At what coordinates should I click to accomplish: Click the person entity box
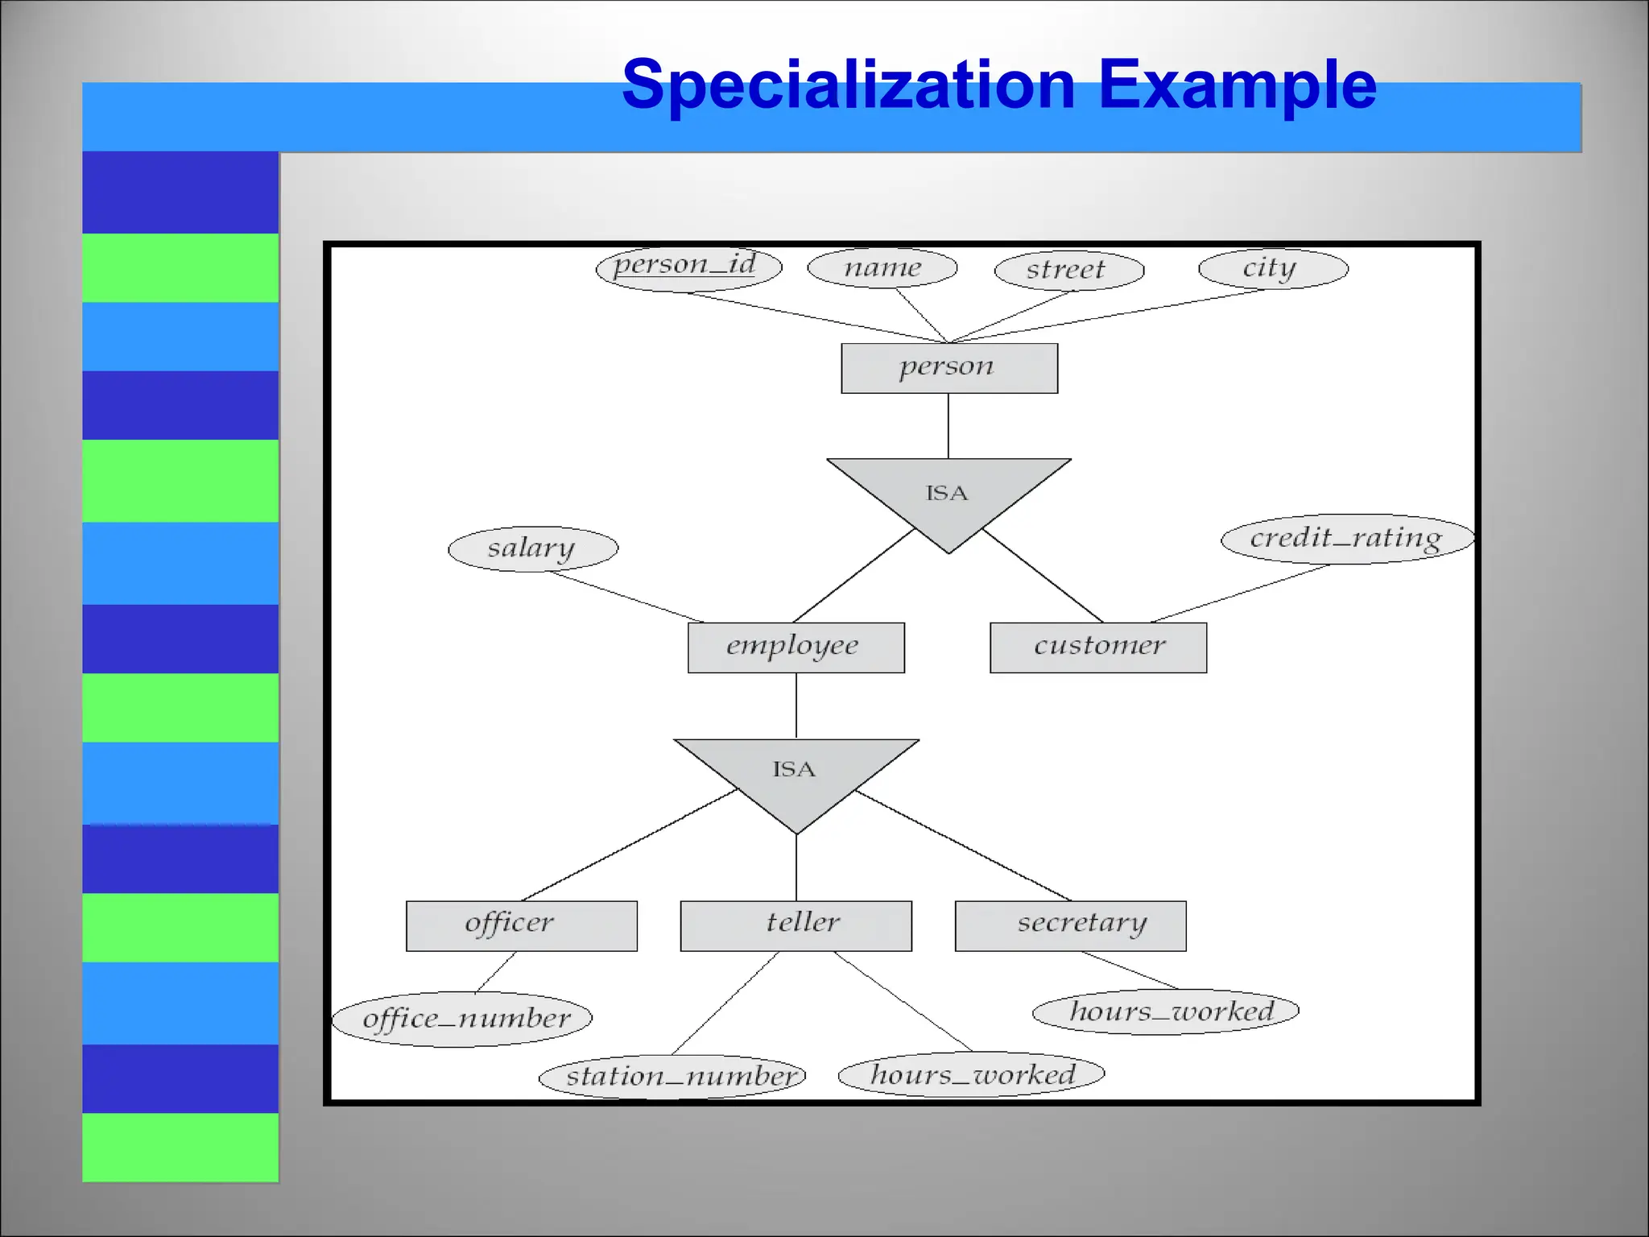[949, 368]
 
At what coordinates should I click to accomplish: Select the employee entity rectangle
[796, 647]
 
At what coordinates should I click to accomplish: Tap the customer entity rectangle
[1098, 647]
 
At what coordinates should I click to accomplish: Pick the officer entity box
[521, 925]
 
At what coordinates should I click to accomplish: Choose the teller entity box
[796, 925]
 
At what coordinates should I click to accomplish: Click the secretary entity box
[1070, 925]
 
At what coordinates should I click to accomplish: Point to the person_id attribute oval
[688, 267]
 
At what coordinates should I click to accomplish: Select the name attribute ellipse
[882, 268]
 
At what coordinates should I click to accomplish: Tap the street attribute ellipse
[1068, 271]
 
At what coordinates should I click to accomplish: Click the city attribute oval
[1273, 269]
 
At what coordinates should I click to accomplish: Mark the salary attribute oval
[533, 549]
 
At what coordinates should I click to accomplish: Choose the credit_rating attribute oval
[1347, 539]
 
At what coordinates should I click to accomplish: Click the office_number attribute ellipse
[462, 1019]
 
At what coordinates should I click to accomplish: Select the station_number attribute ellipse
[672, 1076]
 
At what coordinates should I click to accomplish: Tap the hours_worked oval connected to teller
[971, 1074]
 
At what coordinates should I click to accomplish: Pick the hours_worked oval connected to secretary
[1165, 1012]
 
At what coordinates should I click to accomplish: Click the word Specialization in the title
[849, 85]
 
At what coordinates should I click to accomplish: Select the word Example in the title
[1238, 85]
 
